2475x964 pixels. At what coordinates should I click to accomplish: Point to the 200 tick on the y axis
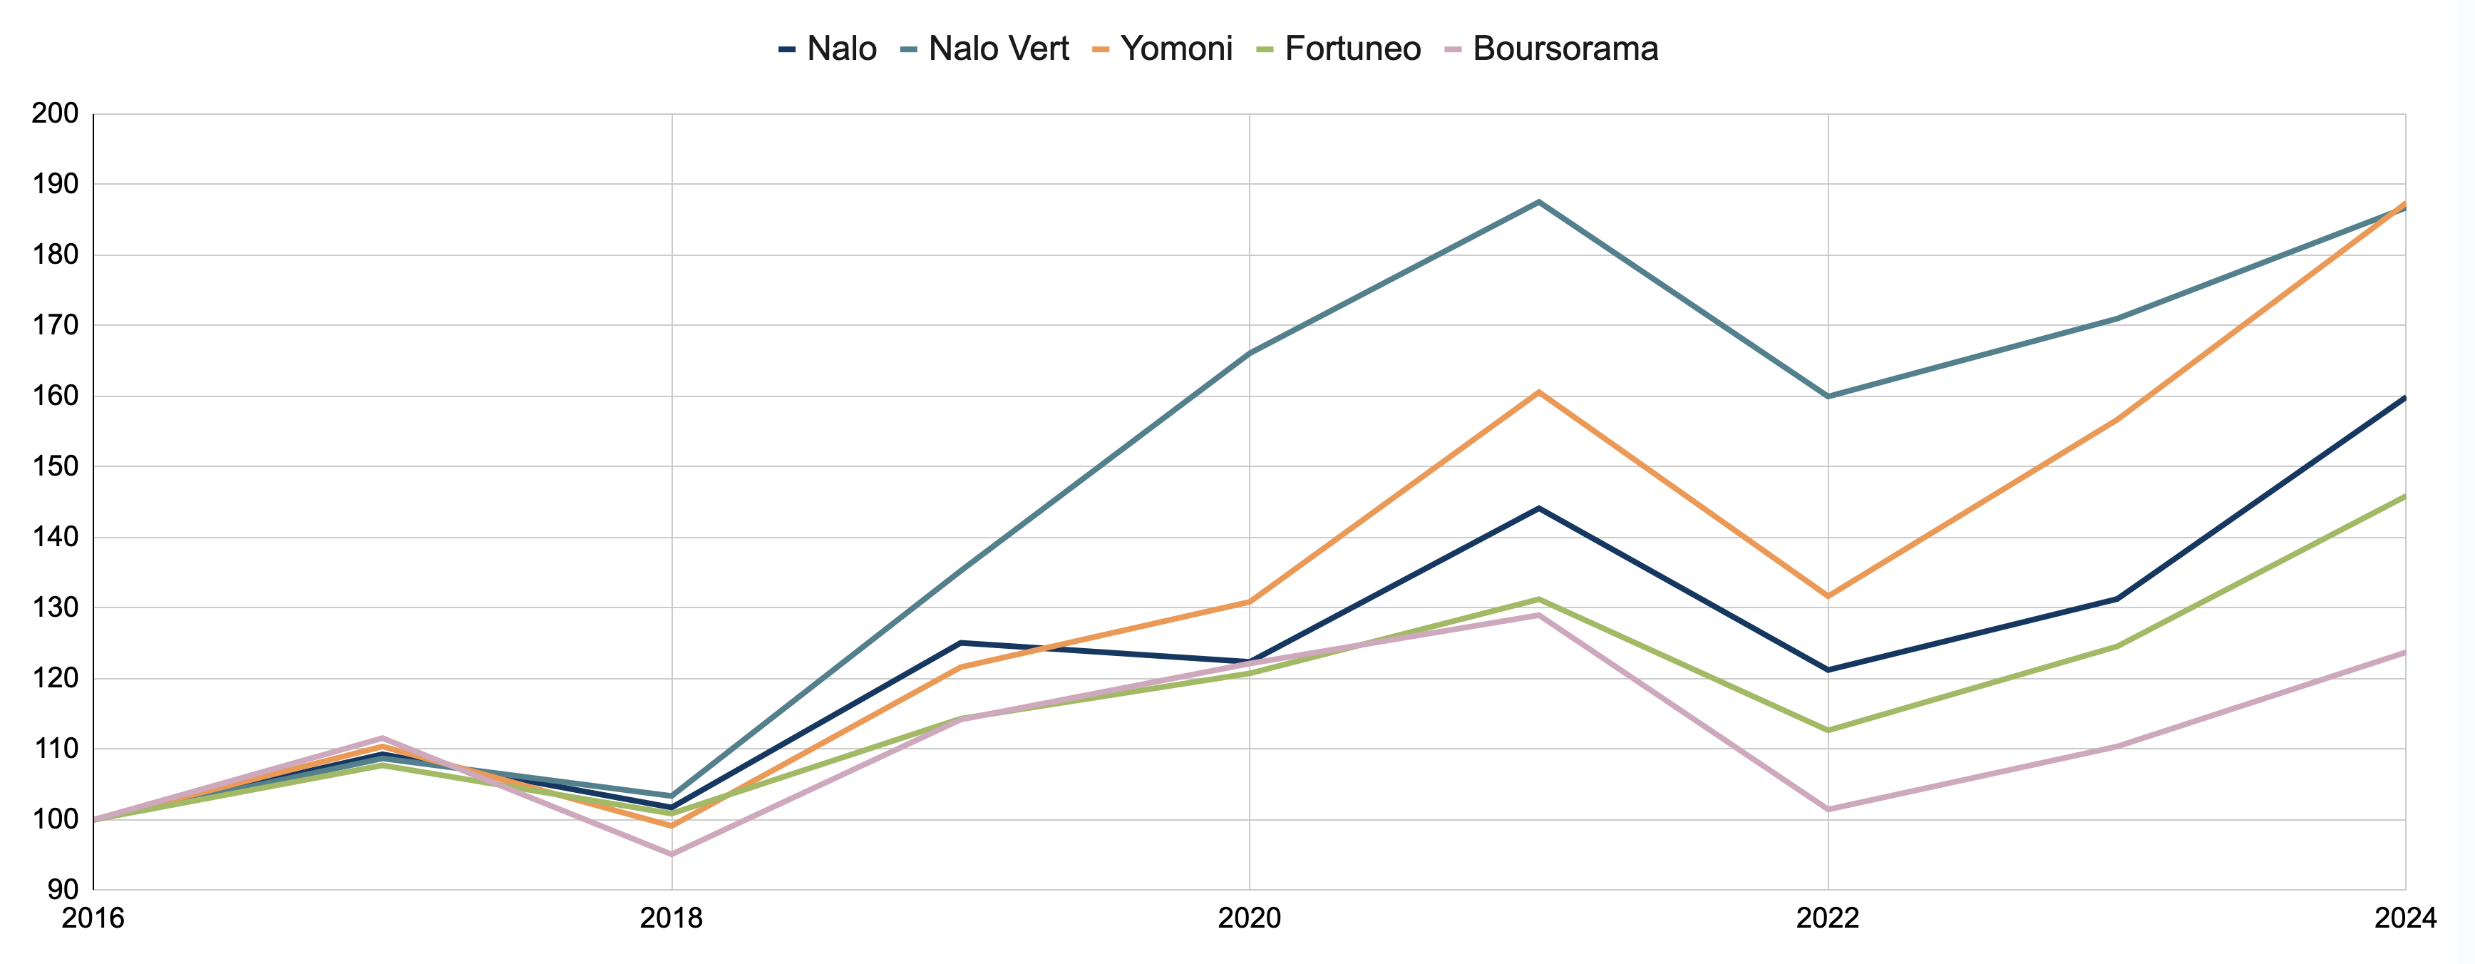(x=55, y=113)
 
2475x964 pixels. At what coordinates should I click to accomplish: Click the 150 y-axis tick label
(x=55, y=466)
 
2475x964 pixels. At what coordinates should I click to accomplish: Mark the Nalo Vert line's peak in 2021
(x=1539, y=202)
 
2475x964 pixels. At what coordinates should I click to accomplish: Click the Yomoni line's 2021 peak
(x=1539, y=392)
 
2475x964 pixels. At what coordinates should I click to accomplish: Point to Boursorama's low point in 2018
(x=672, y=854)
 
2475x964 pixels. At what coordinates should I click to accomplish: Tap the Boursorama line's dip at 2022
(x=1828, y=809)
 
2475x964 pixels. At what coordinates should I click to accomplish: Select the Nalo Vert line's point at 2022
(x=1828, y=396)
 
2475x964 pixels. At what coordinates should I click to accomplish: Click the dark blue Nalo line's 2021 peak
(x=1539, y=508)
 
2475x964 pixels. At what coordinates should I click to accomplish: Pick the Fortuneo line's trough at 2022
(x=1828, y=730)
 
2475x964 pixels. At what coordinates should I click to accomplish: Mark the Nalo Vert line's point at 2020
(x=1249, y=354)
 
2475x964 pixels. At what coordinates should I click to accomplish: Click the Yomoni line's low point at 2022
(x=1828, y=596)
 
